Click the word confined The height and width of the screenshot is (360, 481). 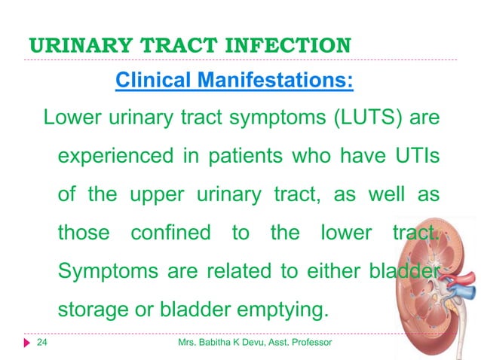pyautogui.click(x=170, y=233)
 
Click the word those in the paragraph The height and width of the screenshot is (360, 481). pyautogui.click(x=84, y=233)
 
